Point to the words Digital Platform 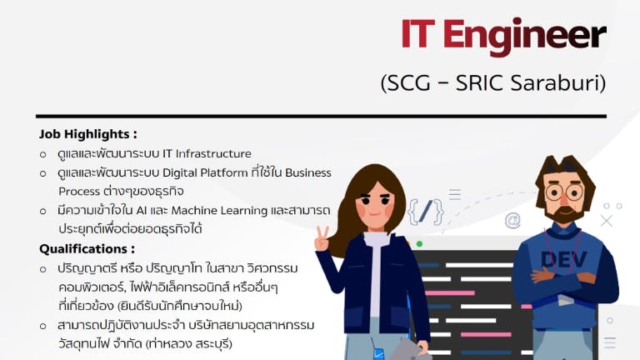[x=205, y=173]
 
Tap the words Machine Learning [x=219, y=211]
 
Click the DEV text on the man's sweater [x=563, y=259]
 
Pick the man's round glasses [x=564, y=192]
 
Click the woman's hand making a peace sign [x=322, y=239]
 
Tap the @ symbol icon [x=512, y=220]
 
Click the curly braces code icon [x=425, y=212]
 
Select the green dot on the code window [x=419, y=244]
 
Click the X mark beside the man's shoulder [x=607, y=221]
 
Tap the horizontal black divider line [x=321, y=117]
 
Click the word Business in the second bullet [x=308, y=173]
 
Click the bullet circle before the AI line [x=42, y=212]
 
